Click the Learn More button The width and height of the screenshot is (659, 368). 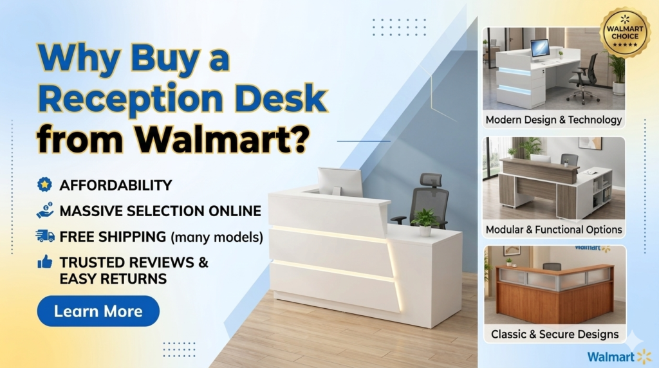(98, 311)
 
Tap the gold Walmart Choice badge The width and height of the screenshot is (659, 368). (625, 32)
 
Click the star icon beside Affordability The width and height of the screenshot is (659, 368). (44, 185)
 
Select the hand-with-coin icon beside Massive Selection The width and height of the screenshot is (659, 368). (45, 210)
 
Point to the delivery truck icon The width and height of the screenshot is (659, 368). (45, 236)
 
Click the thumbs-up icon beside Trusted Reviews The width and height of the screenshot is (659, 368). (45, 262)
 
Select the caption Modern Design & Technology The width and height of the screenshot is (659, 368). (553, 120)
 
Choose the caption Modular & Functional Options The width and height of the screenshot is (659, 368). (553, 230)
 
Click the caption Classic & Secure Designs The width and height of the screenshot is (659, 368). (555, 334)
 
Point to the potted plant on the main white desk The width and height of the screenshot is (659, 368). (425, 221)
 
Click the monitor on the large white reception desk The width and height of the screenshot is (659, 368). (340, 181)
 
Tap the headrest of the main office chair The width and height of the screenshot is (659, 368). (431, 181)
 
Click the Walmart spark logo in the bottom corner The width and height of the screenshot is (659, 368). (644, 356)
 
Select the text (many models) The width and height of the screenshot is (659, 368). (217, 237)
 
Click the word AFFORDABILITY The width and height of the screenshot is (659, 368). (116, 185)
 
